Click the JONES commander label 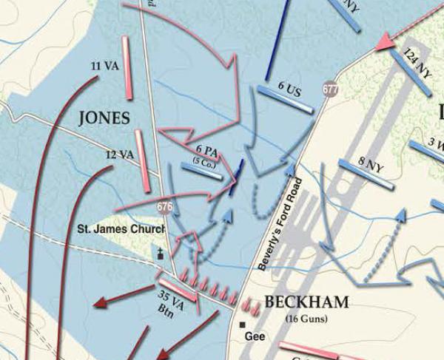pos(104,118)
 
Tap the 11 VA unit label pos(105,66)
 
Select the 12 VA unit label pos(119,155)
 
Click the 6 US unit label pos(289,86)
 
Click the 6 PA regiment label pos(206,152)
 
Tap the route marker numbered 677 pos(331,89)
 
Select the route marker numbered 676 pos(164,208)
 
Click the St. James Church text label pos(121,230)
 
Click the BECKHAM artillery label pos(306,302)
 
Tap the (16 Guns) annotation pos(306,319)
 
